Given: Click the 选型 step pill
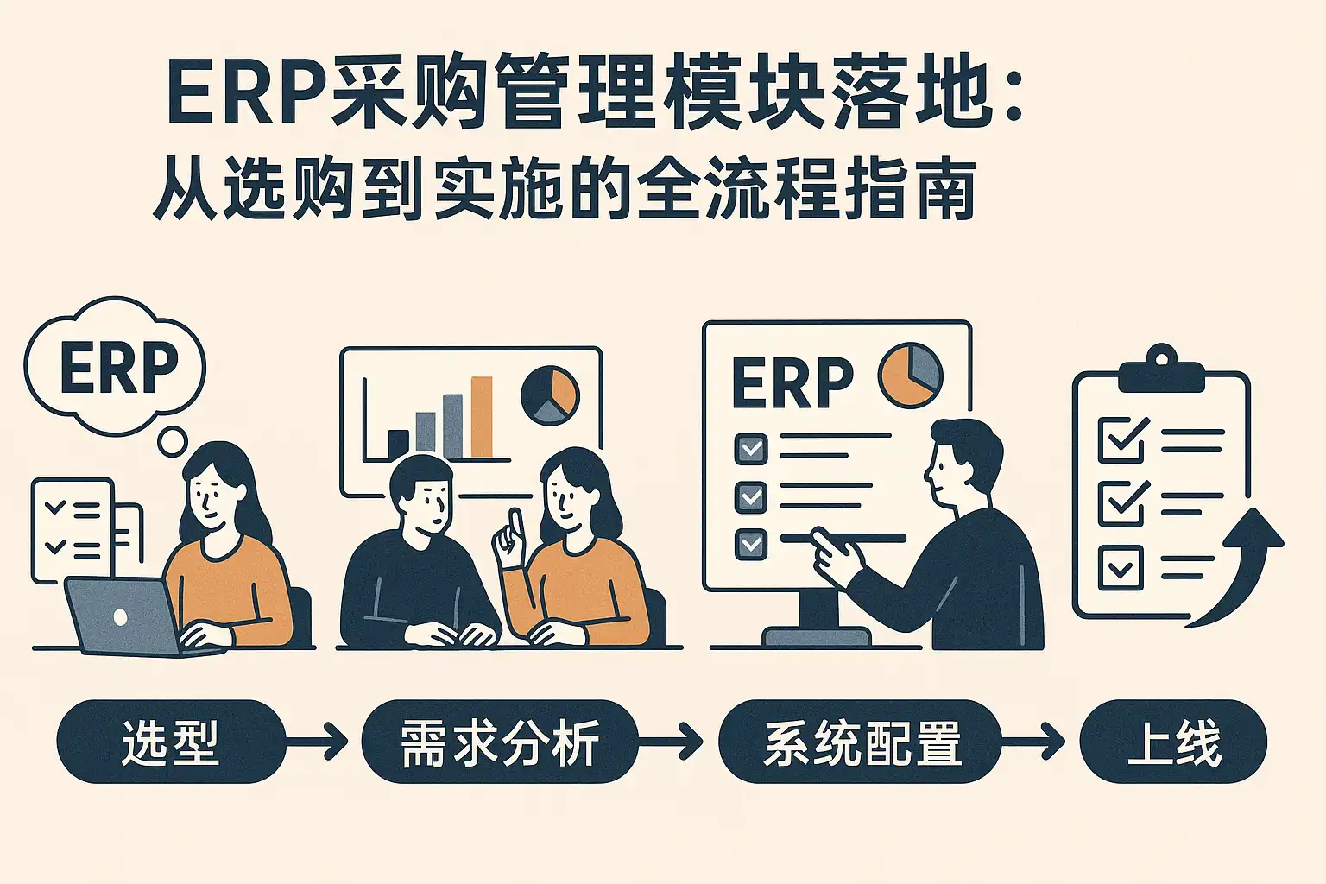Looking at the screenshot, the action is [172, 742].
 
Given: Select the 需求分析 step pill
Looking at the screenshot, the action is [500, 742].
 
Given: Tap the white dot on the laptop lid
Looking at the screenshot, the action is [120, 617].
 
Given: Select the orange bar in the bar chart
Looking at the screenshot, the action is [481, 417].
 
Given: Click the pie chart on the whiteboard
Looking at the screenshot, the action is [550, 395].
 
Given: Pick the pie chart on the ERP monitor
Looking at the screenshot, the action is [910, 376].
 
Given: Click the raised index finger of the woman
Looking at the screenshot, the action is [515, 524].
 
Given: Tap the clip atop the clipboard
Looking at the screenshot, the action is [1162, 370].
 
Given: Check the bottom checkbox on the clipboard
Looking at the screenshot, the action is [1121, 568].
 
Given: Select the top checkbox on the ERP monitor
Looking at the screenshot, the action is [751, 449].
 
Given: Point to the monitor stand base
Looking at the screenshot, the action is [818, 636].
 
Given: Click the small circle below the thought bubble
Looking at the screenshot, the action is [173, 441].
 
